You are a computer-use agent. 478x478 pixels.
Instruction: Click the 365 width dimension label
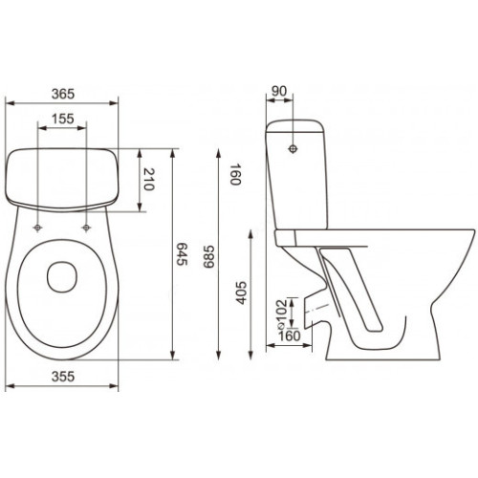[x=63, y=94]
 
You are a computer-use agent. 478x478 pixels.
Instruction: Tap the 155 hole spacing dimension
[x=63, y=119]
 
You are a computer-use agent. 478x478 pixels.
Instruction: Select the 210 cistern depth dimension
[x=149, y=180]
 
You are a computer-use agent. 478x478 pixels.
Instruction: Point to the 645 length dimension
[x=183, y=254]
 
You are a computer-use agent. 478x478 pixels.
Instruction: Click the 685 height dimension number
[x=209, y=257]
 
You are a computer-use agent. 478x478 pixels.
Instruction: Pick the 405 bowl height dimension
[x=241, y=293]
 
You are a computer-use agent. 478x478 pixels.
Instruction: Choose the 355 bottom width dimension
[x=63, y=377]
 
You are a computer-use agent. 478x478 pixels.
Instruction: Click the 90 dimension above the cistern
[x=279, y=91]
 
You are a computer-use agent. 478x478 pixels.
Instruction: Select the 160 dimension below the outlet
[x=290, y=336]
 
